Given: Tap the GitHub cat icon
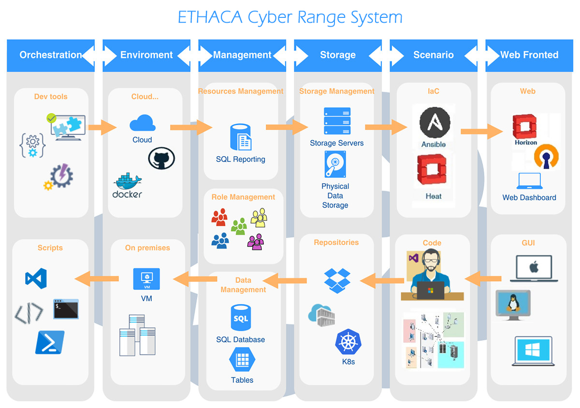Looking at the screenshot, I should tap(161, 159).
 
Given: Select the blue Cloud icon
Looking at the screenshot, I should tap(143, 123).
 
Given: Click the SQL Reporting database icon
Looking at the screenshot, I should tap(241, 137).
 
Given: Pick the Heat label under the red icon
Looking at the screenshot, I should tap(434, 196).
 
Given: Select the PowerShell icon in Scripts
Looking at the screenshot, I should tap(50, 342).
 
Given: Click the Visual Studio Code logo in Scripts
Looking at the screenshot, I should tap(36, 279).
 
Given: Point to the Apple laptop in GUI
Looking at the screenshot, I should tap(534, 269).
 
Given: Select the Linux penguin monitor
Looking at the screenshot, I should tap(513, 305).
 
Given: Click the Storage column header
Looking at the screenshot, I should tap(337, 55).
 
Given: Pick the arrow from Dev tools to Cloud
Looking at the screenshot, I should tap(102, 128).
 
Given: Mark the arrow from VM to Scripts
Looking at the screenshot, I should tap(97, 278).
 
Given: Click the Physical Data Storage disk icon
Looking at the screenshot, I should tap(335, 165).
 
